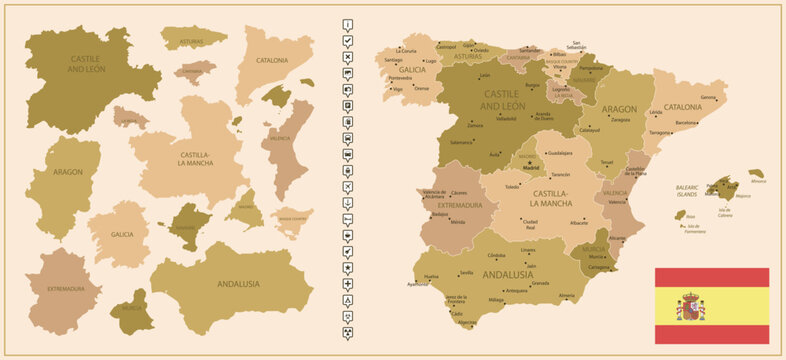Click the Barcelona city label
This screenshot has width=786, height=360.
686,122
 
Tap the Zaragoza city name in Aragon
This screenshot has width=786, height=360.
620,119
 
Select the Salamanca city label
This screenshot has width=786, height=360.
461,142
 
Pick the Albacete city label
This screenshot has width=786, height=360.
578,222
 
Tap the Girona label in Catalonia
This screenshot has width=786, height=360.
708,97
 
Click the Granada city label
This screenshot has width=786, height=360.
540,283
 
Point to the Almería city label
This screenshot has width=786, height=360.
567,295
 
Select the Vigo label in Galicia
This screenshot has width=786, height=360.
398,89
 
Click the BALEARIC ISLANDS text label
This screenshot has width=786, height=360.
687,189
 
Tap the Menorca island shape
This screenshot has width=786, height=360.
756,174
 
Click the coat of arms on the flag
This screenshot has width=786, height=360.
691,306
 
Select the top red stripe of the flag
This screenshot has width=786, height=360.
711,277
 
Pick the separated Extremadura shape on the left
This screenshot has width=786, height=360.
63,289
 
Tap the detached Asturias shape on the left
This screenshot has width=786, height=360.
192,38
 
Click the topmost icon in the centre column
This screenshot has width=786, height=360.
347,23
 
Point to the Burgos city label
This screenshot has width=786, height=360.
533,85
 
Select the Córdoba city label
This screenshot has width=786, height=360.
497,255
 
